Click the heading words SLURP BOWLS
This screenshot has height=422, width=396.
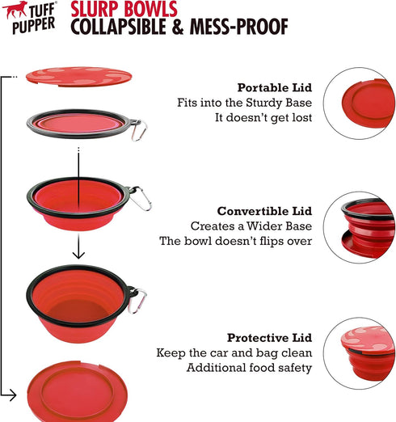pyautogui.click(x=120, y=11)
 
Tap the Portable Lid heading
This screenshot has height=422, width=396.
pyautogui.click(x=274, y=87)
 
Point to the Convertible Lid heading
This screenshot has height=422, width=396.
pyautogui.click(x=263, y=211)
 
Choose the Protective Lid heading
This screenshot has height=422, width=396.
pyautogui.click(x=269, y=338)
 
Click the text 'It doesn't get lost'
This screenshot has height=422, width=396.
pyautogui.click(x=263, y=118)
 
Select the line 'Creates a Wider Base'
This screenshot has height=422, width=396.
pyautogui.click(x=251, y=226)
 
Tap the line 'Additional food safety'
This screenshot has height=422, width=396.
pyautogui.click(x=249, y=368)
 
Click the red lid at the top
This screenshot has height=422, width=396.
pyautogui.click(x=78, y=76)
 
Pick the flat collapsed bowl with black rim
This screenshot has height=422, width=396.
pyautogui.click(x=77, y=124)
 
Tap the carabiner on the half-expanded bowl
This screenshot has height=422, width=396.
pyautogui.click(x=141, y=199)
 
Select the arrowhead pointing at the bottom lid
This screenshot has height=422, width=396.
pyautogui.click(x=11, y=395)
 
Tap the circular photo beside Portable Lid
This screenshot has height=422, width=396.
pyautogui.click(x=360, y=103)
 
